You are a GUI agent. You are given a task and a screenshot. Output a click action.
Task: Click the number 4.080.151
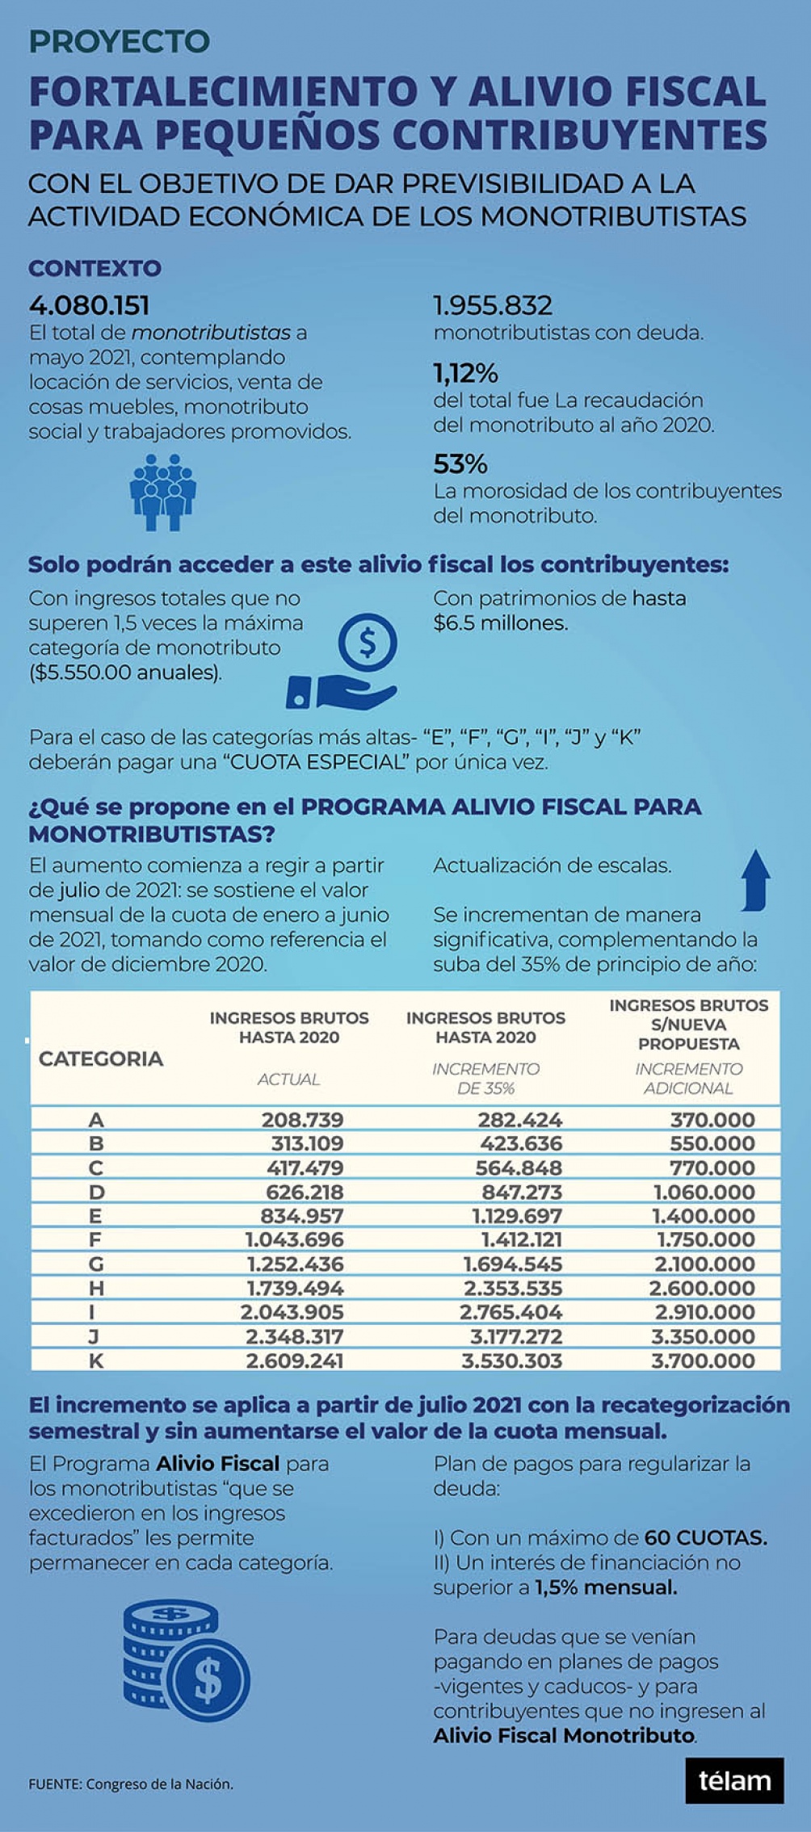pyautogui.click(x=89, y=305)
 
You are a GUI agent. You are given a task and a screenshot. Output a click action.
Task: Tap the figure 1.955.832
pyautogui.click(x=493, y=305)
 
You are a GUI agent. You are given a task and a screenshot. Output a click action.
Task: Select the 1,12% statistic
pyautogui.click(x=465, y=373)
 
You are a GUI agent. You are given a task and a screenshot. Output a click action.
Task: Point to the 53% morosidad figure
pyautogui.click(x=460, y=464)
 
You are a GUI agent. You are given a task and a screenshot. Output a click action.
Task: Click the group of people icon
pyautogui.click(x=163, y=492)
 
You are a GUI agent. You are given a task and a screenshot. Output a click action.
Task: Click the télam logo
pyautogui.click(x=734, y=1780)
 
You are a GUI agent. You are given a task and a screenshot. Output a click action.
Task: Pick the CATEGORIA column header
pyautogui.click(x=101, y=1059)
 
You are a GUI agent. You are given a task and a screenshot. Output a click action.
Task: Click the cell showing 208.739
pyautogui.click(x=302, y=1120)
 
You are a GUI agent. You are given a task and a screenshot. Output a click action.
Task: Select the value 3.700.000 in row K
pyautogui.click(x=703, y=1360)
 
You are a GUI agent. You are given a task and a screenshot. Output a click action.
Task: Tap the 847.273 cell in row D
pyautogui.click(x=522, y=1192)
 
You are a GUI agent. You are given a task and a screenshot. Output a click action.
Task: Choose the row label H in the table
pyautogui.click(x=96, y=1288)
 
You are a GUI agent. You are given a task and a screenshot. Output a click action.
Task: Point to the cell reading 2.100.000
pyautogui.click(x=703, y=1264)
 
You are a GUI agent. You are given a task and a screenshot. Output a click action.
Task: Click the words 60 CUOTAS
pyautogui.click(x=705, y=1538)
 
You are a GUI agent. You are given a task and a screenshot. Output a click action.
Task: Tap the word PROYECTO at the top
pyautogui.click(x=120, y=42)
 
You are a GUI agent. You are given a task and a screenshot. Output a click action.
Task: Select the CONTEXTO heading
pyautogui.click(x=95, y=268)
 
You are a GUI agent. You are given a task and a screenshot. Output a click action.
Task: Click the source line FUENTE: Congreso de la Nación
pyautogui.click(x=131, y=1784)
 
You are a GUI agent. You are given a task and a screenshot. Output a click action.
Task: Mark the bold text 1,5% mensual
pyautogui.click(x=606, y=1587)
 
